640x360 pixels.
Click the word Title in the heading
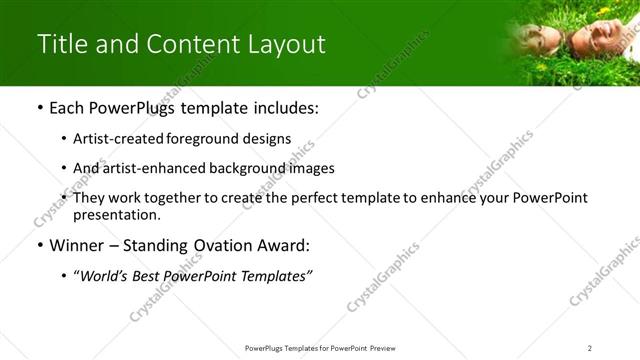tap(60, 44)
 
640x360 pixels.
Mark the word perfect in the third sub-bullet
tap(306, 198)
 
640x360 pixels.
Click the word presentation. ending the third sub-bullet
tap(116, 214)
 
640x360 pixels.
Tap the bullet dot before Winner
tap(39, 246)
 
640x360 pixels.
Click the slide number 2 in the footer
tap(590, 347)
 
